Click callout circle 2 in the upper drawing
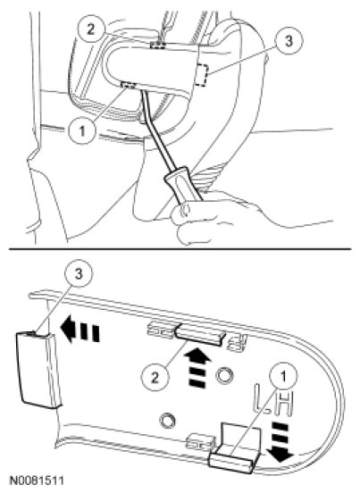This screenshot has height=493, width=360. point(90,29)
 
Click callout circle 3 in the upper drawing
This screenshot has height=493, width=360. point(289,41)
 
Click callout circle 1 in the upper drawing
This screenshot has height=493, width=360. point(83,130)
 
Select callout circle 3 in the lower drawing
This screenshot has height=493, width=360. point(79,274)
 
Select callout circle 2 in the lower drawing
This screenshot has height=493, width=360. point(155,378)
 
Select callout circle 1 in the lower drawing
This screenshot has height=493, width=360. point(283,377)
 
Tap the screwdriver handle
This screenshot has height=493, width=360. point(182,185)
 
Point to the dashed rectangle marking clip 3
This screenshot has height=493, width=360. point(202,75)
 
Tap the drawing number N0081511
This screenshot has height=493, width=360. point(38,480)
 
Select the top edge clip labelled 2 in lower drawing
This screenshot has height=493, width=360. point(199,335)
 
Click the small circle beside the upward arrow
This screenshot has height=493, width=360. point(224,375)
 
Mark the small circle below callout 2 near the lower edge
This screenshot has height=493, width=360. point(167,421)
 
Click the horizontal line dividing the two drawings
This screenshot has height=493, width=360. point(180,249)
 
